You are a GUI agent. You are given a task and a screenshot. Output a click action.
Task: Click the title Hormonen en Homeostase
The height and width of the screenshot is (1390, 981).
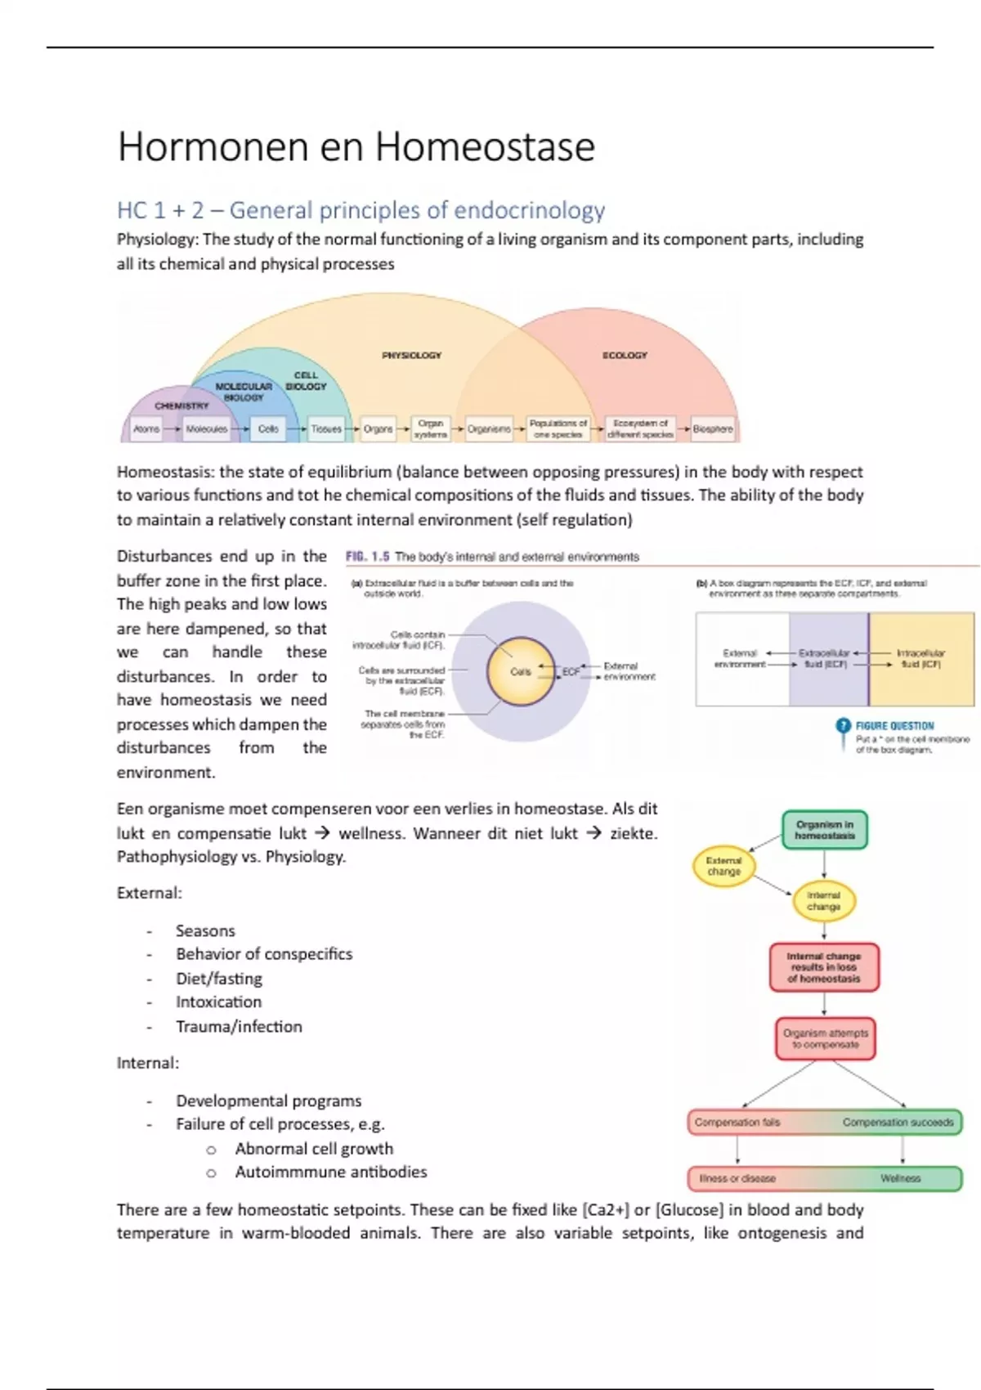click(x=356, y=147)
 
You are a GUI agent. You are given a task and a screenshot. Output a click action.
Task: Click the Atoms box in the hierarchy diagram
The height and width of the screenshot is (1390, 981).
click(x=147, y=428)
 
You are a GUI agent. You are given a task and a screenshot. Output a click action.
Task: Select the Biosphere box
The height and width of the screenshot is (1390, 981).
click(x=713, y=428)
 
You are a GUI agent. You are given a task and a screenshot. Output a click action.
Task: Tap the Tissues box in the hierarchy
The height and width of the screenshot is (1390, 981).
click(x=326, y=428)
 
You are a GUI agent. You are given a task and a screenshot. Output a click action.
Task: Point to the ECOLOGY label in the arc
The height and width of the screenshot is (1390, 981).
click(x=625, y=356)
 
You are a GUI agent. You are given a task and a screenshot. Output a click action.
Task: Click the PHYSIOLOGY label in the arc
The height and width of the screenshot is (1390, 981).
click(x=411, y=356)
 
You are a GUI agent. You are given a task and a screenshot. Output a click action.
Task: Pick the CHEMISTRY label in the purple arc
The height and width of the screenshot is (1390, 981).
click(x=181, y=406)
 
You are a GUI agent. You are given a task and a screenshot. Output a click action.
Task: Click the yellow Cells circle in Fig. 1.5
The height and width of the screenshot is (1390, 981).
click(x=521, y=672)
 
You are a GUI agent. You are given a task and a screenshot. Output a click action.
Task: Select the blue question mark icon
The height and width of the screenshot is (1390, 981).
click(x=843, y=726)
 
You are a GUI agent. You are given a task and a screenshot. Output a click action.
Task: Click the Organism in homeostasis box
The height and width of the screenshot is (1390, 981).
click(x=824, y=830)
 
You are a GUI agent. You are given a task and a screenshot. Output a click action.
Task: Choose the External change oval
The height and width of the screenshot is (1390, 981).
click(x=723, y=866)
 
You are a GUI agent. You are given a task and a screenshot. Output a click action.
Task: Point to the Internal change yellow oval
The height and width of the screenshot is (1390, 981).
click(x=823, y=901)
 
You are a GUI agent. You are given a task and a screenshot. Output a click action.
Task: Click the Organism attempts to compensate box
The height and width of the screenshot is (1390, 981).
click(x=825, y=1038)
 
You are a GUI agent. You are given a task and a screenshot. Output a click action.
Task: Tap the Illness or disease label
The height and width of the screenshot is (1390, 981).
click(x=737, y=1178)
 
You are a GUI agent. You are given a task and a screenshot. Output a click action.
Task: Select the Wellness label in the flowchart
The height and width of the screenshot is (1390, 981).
click(x=900, y=1178)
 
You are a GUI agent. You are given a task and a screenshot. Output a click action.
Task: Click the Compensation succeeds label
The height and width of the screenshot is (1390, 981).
click(x=898, y=1123)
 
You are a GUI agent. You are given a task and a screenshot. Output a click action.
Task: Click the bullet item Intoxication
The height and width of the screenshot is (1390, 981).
click(x=218, y=1002)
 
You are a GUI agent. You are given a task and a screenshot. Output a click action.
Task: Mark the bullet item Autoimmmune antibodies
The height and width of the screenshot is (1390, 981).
click(x=330, y=1173)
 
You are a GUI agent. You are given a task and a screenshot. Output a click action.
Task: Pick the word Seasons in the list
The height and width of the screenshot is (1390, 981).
click(x=205, y=931)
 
